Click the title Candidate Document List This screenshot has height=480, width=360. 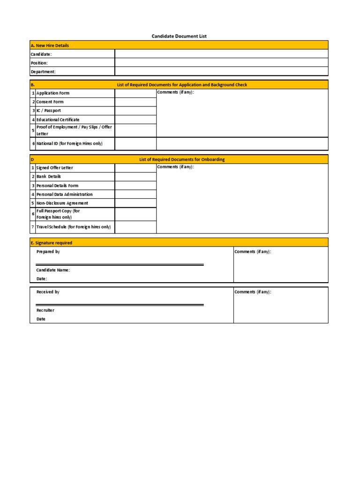(x=179, y=36)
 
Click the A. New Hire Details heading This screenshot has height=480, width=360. (x=49, y=45)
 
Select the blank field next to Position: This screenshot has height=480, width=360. (x=221, y=63)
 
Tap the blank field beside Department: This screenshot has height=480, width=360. (x=221, y=72)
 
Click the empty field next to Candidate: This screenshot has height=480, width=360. (x=221, y=54)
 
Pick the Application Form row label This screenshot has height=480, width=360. (x=53, y=93)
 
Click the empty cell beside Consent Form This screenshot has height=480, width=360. (x=135, y=102)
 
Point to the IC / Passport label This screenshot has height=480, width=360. (x=49, y=111)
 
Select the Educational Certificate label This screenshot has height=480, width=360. (x=58, y=120)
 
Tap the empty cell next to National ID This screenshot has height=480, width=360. (x=135, y=143)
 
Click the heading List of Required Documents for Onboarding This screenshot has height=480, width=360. (x=182, y=159)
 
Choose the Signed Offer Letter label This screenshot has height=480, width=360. (x=55, y=168)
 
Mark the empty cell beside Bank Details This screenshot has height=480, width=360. (x=135, y=177)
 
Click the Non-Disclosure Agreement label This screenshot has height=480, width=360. (x=62, y=203)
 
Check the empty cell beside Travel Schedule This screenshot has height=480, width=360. (x=135, y=227)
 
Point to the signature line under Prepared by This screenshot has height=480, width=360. (x=120, y=265)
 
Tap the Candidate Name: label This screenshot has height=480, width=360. (x=53, y=270)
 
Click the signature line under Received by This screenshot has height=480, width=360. (x=120, y=305)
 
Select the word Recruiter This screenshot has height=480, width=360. (x=45, y=310)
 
